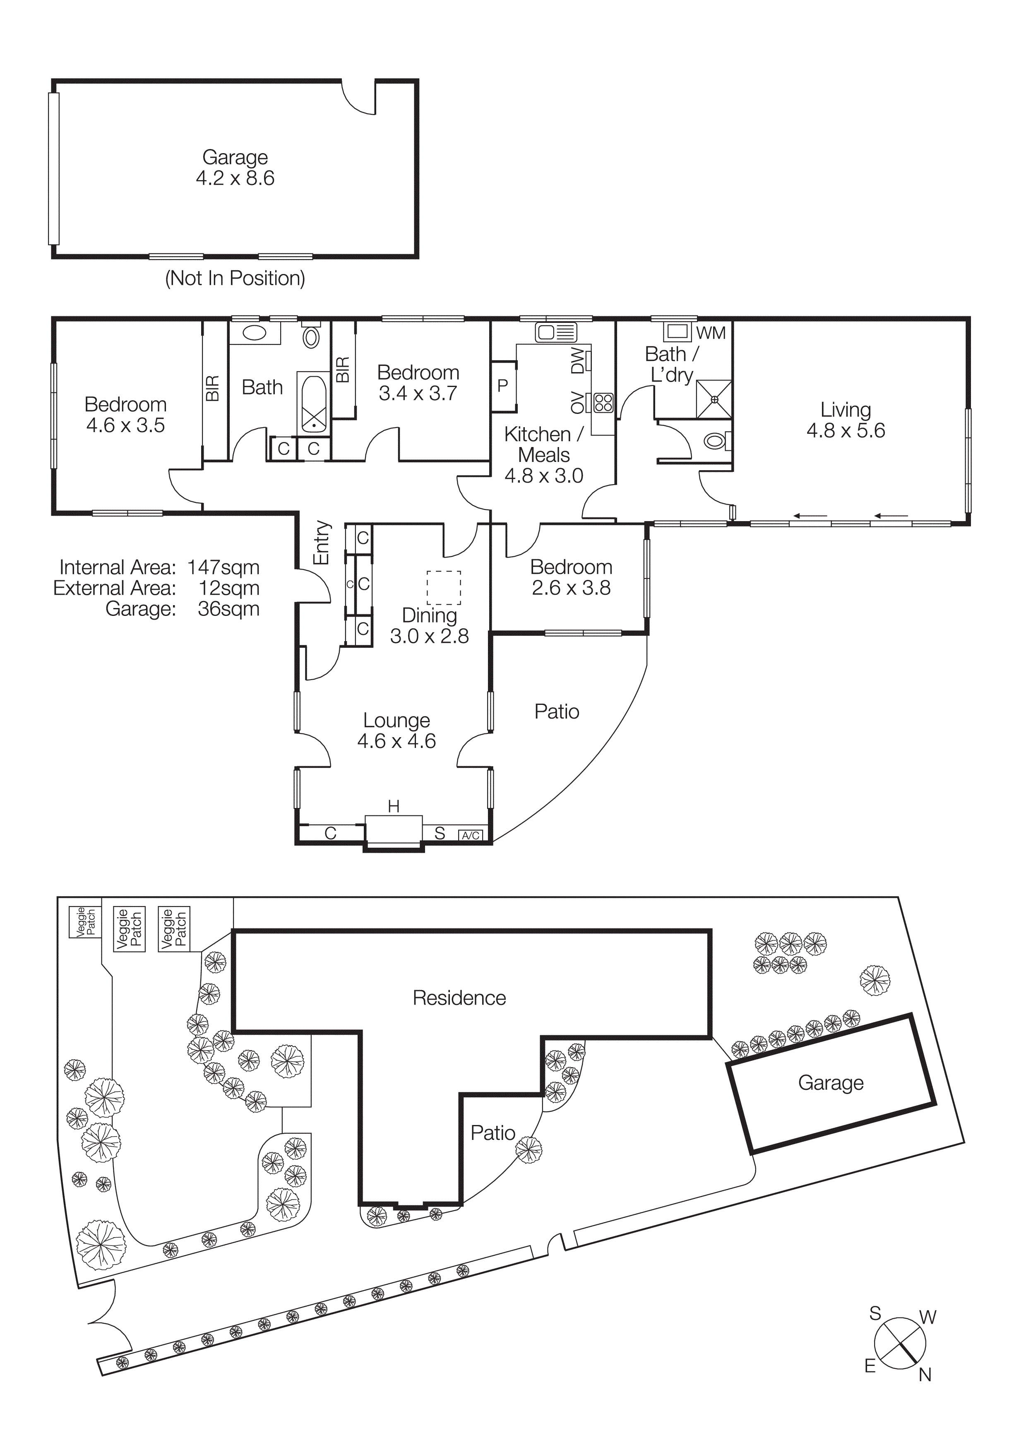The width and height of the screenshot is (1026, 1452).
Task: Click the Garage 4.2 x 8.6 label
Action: click(235, 168)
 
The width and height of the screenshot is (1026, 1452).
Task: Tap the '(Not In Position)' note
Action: click(235, 278)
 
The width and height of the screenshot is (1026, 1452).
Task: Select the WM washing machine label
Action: click(711, 333)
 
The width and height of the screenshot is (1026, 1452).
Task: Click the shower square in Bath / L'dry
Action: click(714, 399)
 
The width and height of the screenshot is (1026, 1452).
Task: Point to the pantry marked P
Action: click(503, 386)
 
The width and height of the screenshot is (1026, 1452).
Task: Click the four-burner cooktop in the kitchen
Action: click(603, 403)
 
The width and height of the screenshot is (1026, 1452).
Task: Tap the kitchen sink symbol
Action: click(556, 332)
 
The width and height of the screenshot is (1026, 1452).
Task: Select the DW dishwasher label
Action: click(578, 361)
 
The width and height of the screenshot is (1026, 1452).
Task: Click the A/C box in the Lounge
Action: click(470, 835)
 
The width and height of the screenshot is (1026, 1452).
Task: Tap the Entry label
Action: click(322, 543)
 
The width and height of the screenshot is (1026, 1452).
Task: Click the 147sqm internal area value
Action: click(223, 567)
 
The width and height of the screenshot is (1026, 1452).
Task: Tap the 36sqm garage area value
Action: click(228, 609)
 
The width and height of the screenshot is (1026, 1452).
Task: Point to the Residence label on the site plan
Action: click(459, 998)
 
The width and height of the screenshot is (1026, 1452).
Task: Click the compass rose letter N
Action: click(925, 1375)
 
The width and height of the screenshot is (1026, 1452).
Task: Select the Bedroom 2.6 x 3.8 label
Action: click(571, 577)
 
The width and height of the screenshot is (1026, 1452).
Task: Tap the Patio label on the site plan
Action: click(493, 1132)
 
